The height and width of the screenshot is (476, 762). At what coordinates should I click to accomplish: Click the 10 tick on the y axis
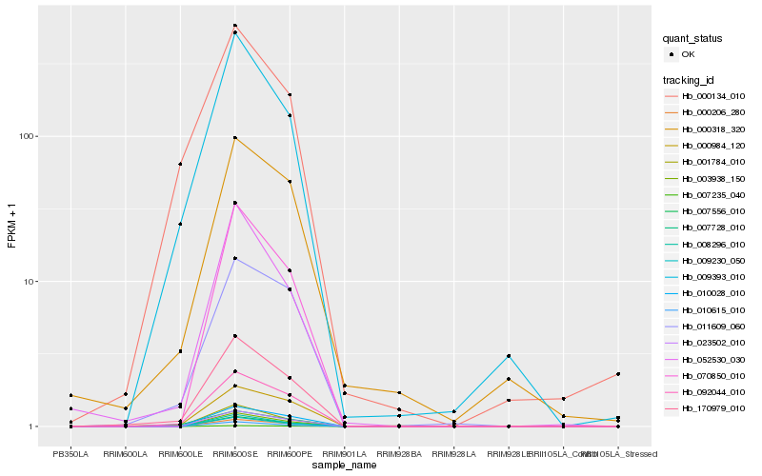30,282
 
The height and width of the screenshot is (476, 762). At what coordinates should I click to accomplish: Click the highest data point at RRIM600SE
234,26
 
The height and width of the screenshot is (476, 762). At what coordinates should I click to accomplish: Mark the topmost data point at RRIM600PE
290,94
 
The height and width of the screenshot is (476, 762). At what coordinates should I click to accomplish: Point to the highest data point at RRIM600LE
180,164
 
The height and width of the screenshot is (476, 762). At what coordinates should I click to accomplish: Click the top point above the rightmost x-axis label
618,374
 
